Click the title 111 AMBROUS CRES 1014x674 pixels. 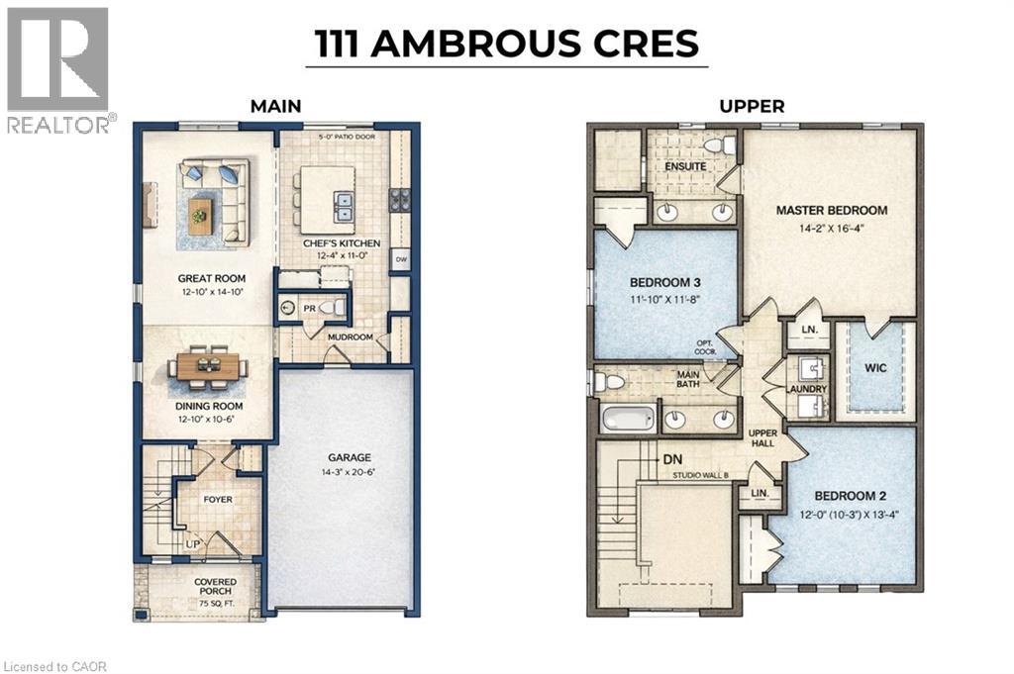[x=507, y=44]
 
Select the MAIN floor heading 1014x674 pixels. [x=276, y=106]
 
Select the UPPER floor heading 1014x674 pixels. [x=752, y=106]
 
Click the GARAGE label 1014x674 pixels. [x=350, y=457]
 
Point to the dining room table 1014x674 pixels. [x=208, y=366]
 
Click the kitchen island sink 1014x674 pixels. [x=343, y=208]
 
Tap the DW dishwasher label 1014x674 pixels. [x=401, y=260]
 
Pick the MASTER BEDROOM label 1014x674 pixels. [x=831, y=210]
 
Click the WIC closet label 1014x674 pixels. [x=874, y=367]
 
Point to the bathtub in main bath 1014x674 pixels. [x=627, y=418]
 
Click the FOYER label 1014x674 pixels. [x=218, y=500]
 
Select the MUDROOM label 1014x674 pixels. [x=350, y=337]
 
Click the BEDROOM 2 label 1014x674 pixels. [x=845, y=495]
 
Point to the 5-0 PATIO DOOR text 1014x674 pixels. [x=347, y=137]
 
